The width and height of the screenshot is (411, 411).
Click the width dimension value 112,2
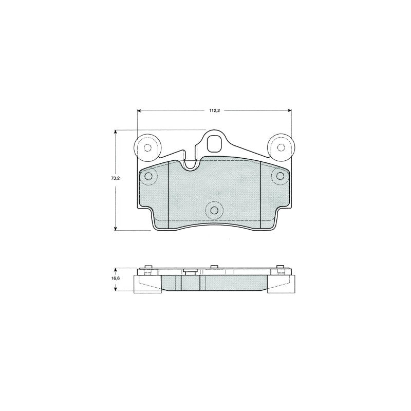click(x=214, y=110)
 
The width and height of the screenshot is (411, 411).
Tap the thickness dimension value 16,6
click(x=115, y=278)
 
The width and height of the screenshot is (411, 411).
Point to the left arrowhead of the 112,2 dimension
click(x=139, y=110)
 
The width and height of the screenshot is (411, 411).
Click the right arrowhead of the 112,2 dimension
click(x=290, y=110)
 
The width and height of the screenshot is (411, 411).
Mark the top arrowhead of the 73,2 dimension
click(x=115, y=132)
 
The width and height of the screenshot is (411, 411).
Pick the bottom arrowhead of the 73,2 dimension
click(x=115, y=228)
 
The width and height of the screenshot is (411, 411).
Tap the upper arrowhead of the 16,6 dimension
click(x=115, y=270)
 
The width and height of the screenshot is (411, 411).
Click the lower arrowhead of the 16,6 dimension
click(x=115, y=289)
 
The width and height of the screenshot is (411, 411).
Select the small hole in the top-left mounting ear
click(x=147, y=148)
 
